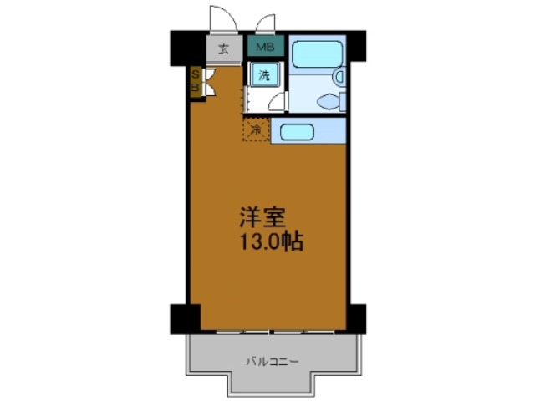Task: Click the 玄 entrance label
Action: (224, 48)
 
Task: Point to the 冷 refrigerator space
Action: (256, 129)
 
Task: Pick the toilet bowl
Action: (333, 102)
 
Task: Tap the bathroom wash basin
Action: (339, 78)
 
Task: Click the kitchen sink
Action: (295, 131)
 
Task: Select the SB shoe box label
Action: (196, 82)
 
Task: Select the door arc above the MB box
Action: (266, 23)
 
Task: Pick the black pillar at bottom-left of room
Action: (185, 317)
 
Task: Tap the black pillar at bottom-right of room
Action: (355, 317)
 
